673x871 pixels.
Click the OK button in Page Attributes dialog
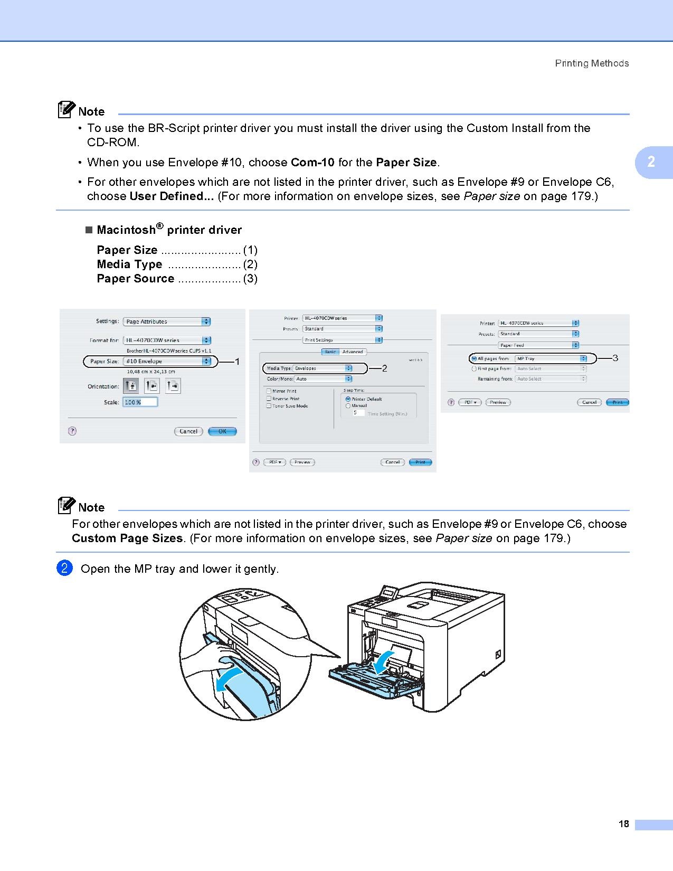(222, 431)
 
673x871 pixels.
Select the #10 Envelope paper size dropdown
(167, 362)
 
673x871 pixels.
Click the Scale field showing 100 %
(140, 402)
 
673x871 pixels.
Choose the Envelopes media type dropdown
(323, 368)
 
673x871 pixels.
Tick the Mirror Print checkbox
(269, 391)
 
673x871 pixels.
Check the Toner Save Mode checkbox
(269, 406)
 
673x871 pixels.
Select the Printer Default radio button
(348, 399)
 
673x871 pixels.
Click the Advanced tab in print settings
(353, 352)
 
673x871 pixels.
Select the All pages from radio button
(473, 359)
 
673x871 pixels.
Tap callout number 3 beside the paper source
(615, 358)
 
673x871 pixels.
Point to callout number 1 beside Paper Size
(237, 362)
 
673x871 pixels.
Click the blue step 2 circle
(64, 569)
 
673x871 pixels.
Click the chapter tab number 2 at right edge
(651, 162)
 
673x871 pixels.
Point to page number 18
(624, 824)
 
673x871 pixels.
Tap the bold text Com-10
(312, 163)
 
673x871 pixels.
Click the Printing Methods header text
(592, 63)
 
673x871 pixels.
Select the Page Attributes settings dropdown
(167, 321)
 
